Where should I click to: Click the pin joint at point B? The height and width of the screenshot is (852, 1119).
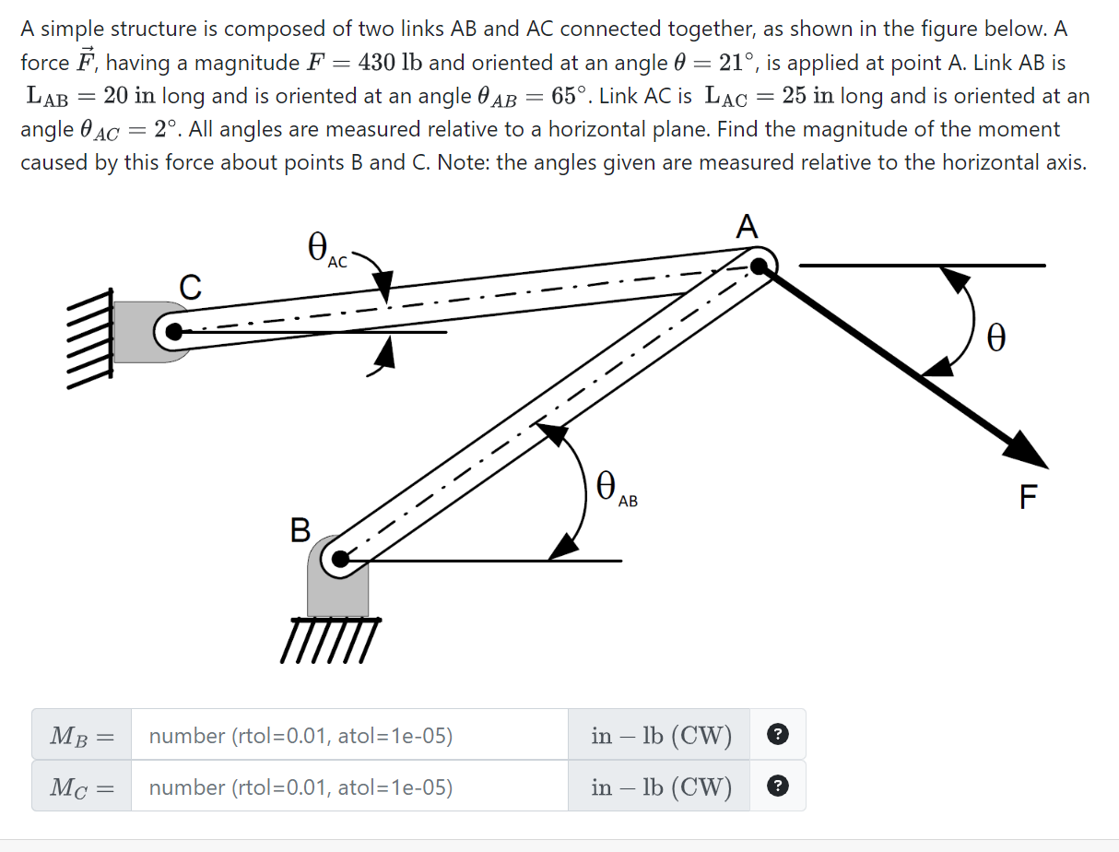pyautogui.click(x=340, y=559)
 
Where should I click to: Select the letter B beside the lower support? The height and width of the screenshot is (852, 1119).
pyautogui.click(x=300, y=530)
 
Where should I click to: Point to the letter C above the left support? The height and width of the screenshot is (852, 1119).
pyautogui.click(x=190, y=288)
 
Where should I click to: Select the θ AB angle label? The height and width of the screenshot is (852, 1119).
pyautogui.click(x=614, y=487)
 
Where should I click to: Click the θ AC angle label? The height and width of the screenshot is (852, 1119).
pyautogui.click(x=325, y=249)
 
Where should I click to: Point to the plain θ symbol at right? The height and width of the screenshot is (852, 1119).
pyautogui.click(x=995, y=337)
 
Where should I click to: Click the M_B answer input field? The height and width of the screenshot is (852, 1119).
pyautogui.click(x=348, y=735)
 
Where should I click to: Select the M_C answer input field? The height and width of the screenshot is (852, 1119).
pyautogui.click(x=348, y=787)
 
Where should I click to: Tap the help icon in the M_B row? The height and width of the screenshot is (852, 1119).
pyautogui.click(x=778, y=735)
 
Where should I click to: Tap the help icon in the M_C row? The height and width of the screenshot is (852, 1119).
pyautogui.click(x=778, y=787)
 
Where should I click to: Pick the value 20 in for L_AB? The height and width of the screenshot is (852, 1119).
pyautogui.click(x=128, y=96)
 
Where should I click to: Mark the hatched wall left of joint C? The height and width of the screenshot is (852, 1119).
pyautogui.click(x=88, y=338)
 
